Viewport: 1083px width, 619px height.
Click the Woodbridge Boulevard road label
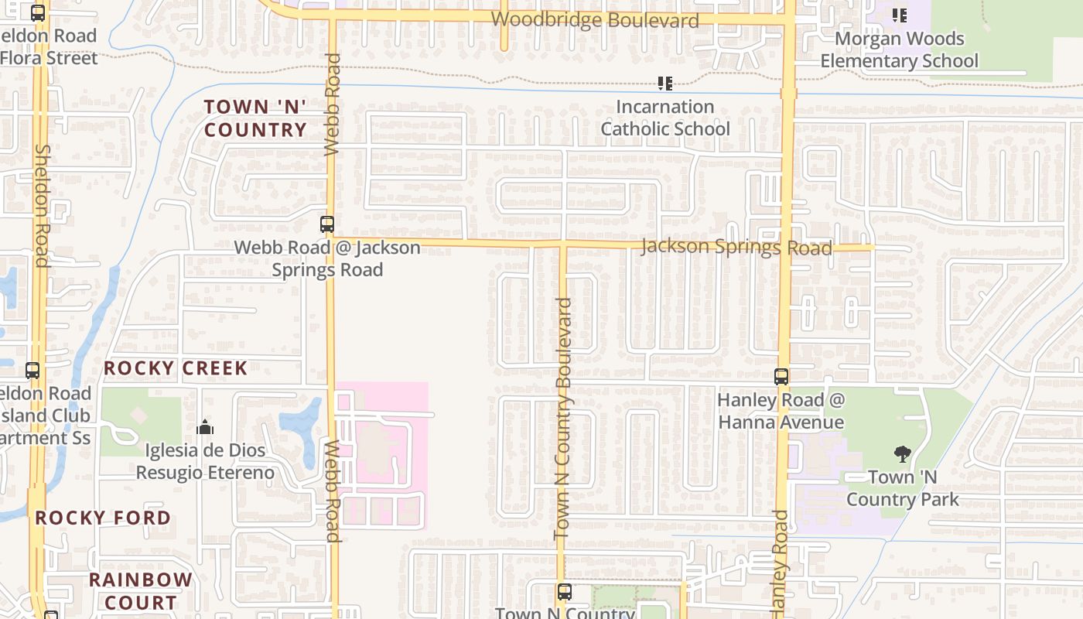click(x=595, y=20)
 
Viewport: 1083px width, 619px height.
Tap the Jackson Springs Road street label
click(x=736, y=247)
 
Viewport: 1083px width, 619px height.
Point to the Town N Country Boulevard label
click(x=564, y=419)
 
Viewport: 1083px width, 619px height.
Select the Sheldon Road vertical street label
click(x=42, y=205)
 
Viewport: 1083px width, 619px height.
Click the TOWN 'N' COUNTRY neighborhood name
click(x=255, y=118)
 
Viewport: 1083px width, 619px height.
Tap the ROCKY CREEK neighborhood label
click(x=176, y=368)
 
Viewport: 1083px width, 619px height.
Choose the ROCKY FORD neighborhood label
click(x=103, y=518)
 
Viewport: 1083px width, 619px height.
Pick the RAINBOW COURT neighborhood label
click(x=140, y=590)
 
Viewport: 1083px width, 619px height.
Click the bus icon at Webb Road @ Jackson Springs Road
click(x=327, y=224)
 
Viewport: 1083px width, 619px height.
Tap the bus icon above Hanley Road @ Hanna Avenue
click(x=781, y=377)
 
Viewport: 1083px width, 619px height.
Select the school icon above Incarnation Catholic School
click(x=664, y=83)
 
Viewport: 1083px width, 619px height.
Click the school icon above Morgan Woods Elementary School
click(x=899, y=15)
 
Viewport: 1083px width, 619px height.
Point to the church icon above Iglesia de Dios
click(x=205, y=427)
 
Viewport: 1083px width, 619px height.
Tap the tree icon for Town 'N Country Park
click(x=902, y=454)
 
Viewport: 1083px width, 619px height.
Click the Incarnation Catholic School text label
click(x=665, y=118)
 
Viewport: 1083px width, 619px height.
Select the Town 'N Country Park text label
click(x=902, y=488)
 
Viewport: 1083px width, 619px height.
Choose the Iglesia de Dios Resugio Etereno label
click(x=205, y=461)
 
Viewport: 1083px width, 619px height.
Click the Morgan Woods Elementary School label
click(x=899, y=50)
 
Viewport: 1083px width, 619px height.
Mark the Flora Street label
click(x=50, y=58)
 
